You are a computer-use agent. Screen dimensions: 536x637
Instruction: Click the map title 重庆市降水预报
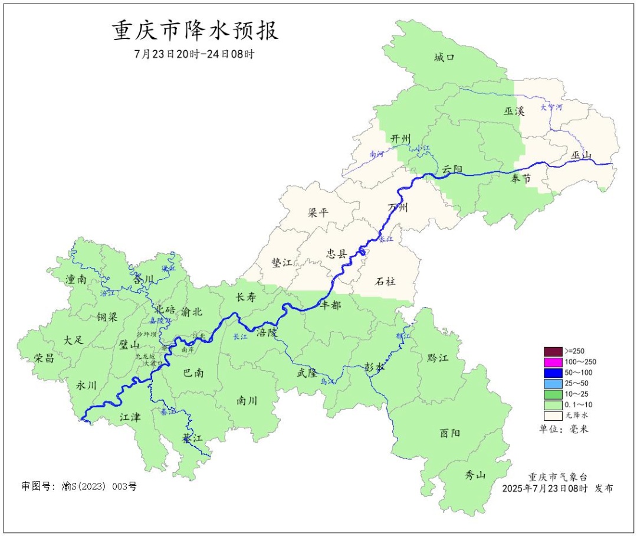click(x=195, y=31)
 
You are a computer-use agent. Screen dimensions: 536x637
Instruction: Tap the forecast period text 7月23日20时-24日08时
click(x=195, y=54)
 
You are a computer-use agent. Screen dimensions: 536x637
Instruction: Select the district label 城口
click(x=445, y=58)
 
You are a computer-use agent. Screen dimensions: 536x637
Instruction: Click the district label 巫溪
click(x=514, y=111)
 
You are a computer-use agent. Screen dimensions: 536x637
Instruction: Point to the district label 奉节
click(x=521, y=178)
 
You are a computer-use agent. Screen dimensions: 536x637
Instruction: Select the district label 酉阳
click(x=450, y=433)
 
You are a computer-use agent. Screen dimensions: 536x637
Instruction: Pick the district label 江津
click(x=130, y=417)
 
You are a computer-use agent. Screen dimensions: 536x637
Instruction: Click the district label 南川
click(x=247, y=400)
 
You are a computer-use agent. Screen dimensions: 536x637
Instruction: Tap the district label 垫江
click(x=282, y=263)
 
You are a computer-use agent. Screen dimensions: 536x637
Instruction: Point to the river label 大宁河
click(x=551, y=108)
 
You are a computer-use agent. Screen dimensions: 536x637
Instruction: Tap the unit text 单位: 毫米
click(x=563, y=429)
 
